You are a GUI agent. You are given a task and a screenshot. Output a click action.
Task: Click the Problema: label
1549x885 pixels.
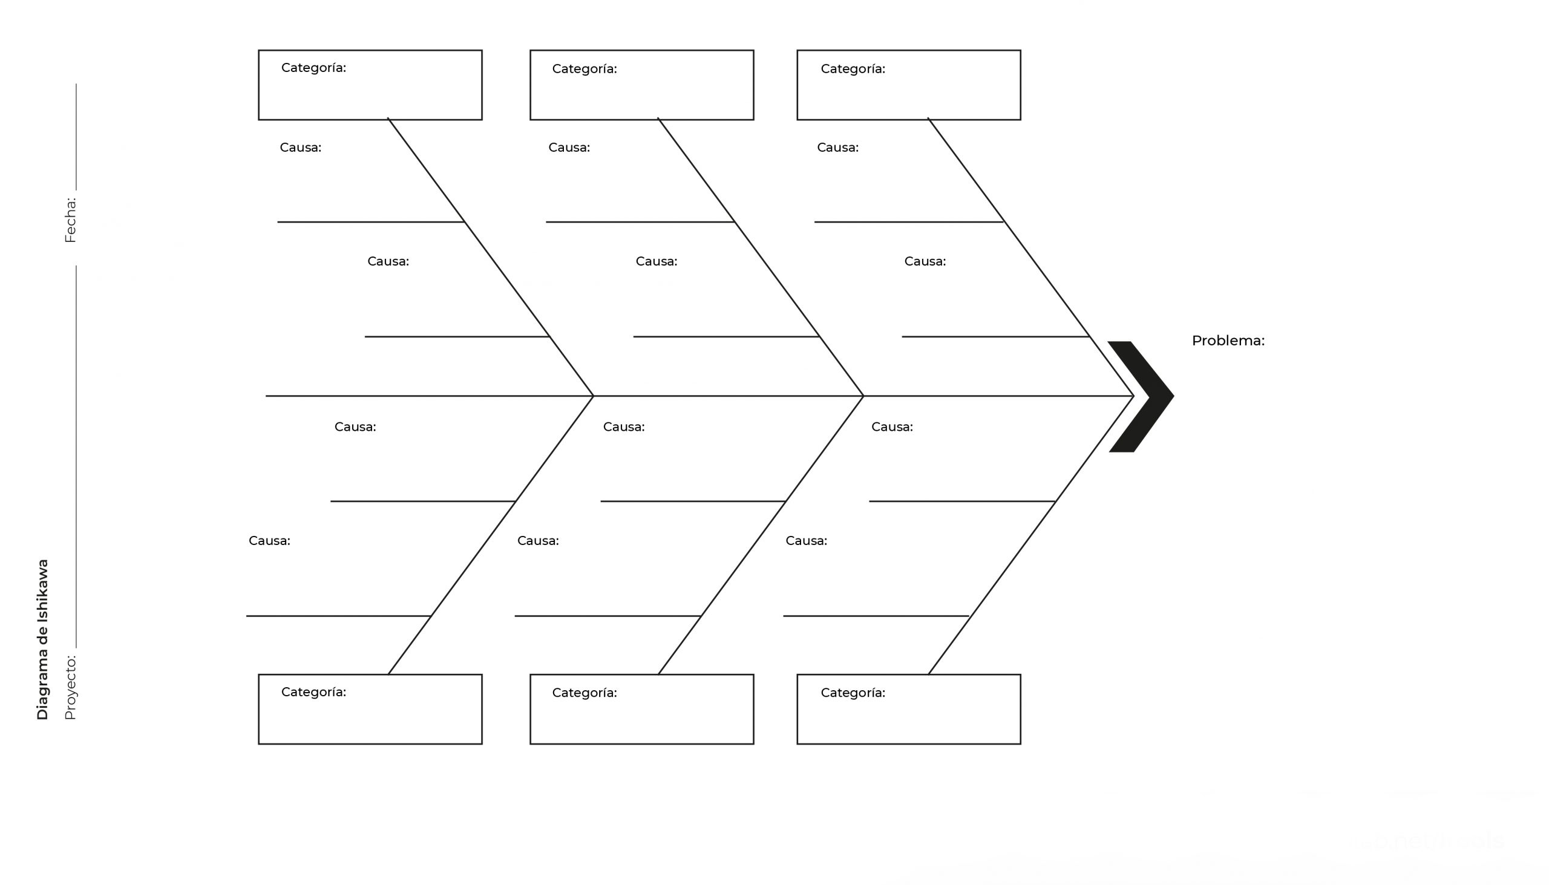tap(1228, 341)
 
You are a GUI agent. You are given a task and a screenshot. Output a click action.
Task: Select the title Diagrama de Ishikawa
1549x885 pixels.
tap(42, 640)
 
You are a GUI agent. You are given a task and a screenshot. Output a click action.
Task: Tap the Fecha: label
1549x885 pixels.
tap(71, 220)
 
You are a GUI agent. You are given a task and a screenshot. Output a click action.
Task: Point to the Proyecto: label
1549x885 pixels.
tap(71, 687)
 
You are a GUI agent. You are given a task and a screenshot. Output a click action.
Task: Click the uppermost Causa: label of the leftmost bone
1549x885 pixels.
tap(300, 148)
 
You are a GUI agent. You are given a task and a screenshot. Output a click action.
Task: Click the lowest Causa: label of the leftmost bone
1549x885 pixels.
tap(269, 541)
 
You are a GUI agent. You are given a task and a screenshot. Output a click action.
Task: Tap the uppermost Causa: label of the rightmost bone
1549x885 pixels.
tap(837, 148)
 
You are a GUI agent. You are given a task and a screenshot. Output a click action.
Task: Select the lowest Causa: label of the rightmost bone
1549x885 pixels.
tap(806, 541)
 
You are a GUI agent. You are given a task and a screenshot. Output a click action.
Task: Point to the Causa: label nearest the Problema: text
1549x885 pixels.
tap(925, 261)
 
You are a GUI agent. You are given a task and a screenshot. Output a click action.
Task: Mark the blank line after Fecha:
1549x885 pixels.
tap(76, 137)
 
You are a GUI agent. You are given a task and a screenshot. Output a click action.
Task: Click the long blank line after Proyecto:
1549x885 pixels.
tap(76, 457)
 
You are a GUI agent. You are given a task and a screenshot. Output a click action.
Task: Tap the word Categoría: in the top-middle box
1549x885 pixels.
tap(585, 70)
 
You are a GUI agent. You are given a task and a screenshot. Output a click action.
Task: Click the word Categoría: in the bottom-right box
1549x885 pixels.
tap(853, 693)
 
